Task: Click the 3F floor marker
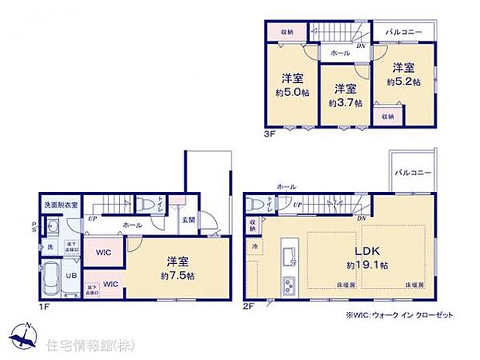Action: [x=267, y=134]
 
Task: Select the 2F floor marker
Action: [x=249, y=305]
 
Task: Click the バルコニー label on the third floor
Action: [x=402, y=32]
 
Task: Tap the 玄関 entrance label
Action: [x=190, y=219]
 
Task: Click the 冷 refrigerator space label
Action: [x=255, y=245]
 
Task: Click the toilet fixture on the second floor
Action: [x=256, y=204]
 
